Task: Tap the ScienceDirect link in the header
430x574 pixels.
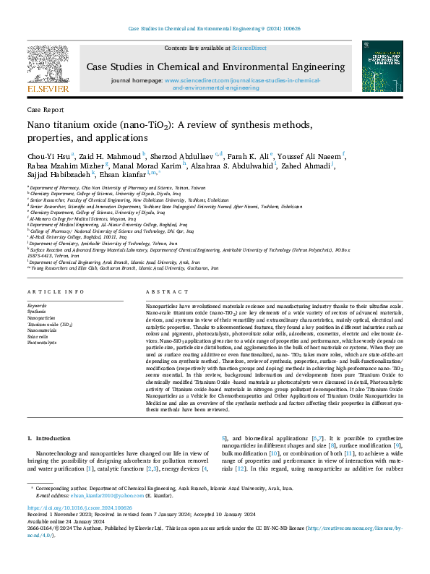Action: pyautogui.click(x=249, y=48)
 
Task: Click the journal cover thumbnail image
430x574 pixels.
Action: pyautogui.click(x=382, y=67)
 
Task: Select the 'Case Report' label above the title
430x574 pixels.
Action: pyautogui.click(x=44, y=111)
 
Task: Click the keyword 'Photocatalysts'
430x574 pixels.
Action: pyautogui.click(x=43, y=363)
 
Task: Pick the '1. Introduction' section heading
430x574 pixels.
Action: pyautogui.click(x=49, y=439)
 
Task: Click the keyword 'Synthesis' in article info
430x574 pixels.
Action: pyautogui.click(x=37, y=332)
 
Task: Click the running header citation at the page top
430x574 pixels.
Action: pyautogui.click(x=215, y=29)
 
